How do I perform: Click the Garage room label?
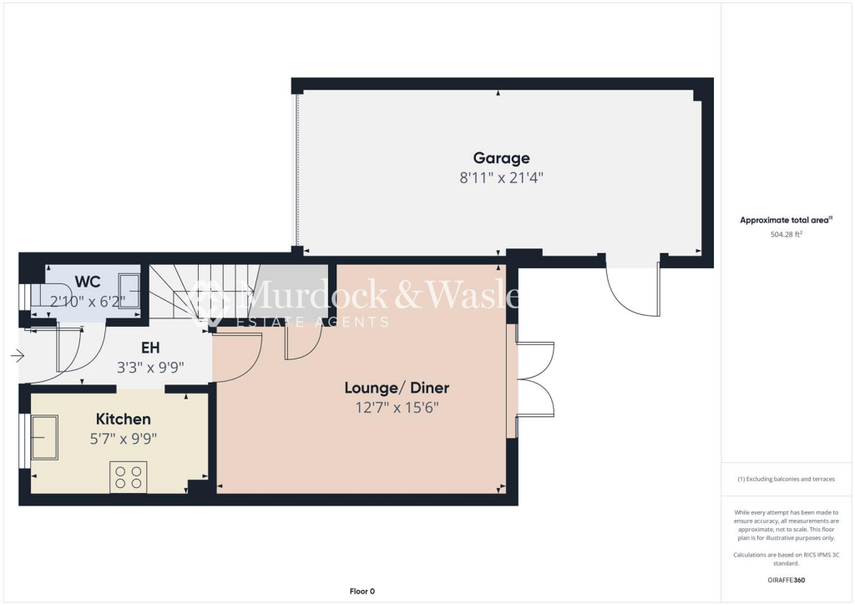(x=501, y=158)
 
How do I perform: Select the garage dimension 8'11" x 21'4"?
(x=502, y=177)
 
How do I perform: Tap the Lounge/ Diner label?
(x=397, y=388)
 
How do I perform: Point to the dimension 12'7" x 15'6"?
(x=397, y=408)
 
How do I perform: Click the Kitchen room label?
(x=123, y=419)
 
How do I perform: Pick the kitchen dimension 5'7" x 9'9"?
(x=123, y=438)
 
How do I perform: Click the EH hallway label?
(x=150, y=347)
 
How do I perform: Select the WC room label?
(x=88, y=282)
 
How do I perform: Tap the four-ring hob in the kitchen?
(x=128, y=477)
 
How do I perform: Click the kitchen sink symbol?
(x=45, y=436)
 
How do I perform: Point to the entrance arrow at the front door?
(x=18, y=356)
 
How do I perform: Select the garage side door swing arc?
(x=630, y=292)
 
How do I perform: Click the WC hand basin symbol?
(x=130, y=290)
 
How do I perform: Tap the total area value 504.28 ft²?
(x=786, y=235)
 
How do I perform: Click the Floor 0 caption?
(x=361, y=592)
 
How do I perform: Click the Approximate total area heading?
(x=786, y=220)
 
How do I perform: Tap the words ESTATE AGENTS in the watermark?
(x=313, y=323)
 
